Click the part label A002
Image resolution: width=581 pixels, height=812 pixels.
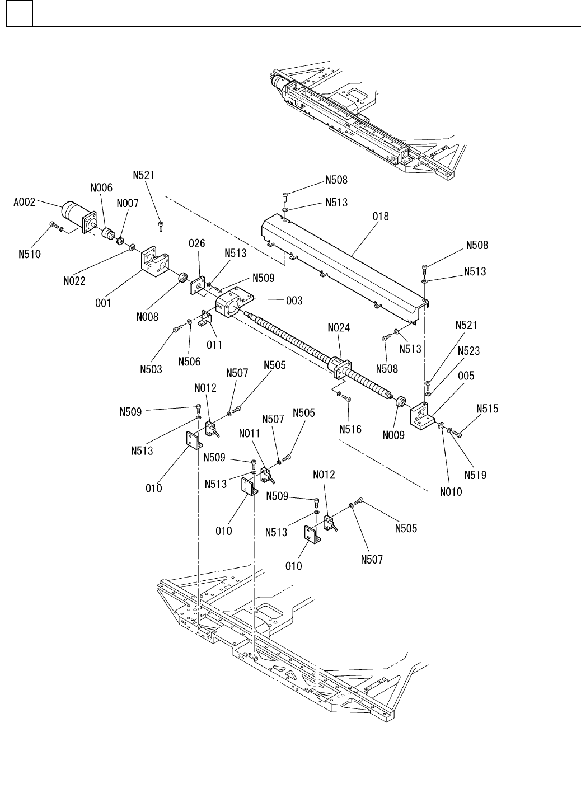coord(24,202)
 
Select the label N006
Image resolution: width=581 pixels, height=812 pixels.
coord(101,188)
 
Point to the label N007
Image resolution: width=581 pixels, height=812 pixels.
coord(128,203)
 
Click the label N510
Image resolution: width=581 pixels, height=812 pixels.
coord(30,254)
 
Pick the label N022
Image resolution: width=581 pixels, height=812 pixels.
coord(74,281)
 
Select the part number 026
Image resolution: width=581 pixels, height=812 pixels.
coord(197,243)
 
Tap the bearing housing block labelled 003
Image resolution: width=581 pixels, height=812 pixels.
coord(233,303)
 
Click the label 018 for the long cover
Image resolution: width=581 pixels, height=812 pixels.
coord(381,217)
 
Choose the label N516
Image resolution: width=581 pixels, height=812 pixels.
coord(350,429)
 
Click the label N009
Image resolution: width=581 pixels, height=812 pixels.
coord(393,435)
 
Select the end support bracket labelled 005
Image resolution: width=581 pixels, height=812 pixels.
coord(422,416)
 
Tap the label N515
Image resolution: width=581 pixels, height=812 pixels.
coord(488,409)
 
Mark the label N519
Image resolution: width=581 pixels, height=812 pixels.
coord(475,475)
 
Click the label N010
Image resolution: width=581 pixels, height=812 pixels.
coord(451,492)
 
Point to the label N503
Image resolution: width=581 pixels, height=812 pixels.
coord(151,369)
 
